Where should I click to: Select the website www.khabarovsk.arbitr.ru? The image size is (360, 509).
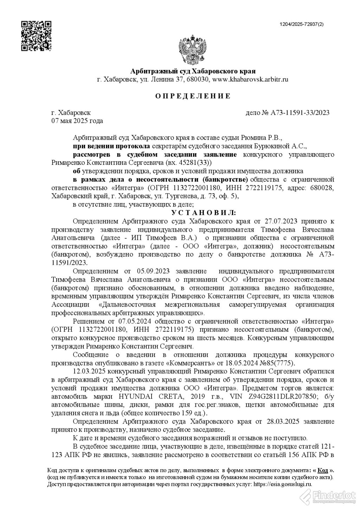(250, 79)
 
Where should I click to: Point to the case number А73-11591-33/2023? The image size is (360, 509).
(300, 113)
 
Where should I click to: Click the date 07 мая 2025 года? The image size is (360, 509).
(77, 121)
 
